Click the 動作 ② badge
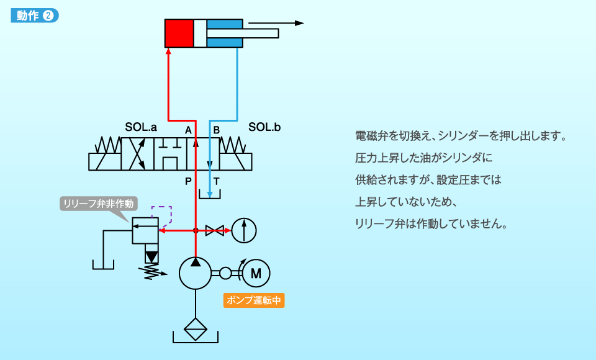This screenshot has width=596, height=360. tap(35, 15)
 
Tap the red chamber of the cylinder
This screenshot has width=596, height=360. tap(179, 33)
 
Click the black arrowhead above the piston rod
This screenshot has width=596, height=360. tap(299, 23)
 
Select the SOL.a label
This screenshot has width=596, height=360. tap(141, 127)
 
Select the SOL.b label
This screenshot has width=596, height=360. tap(264, 127)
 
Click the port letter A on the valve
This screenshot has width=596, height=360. tap(188, 130)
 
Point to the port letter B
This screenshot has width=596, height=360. tap(216, 130)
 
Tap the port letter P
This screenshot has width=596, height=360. tap(188, 181)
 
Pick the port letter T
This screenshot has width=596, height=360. tap(216, 181)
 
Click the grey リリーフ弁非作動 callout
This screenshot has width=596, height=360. tap(99, 204)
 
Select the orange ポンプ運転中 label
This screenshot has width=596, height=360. tap(253, 300)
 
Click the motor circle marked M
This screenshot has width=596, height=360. tap(256, 273)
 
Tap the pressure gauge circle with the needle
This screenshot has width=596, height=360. tap(244, 230)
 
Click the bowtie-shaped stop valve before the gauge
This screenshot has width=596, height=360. tap(214, 230)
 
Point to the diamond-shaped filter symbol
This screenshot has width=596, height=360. tap(196, 329)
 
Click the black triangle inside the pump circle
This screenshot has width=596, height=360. tap(196, 262)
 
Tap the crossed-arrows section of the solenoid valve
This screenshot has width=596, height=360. tap(138, 154)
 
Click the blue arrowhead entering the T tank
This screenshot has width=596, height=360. tap(209, 195)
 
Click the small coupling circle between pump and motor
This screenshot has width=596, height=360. tap(225, 273)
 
